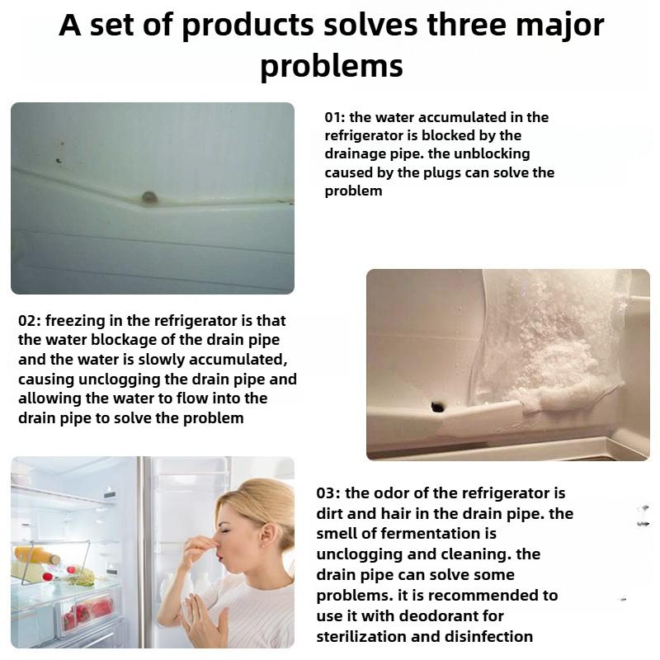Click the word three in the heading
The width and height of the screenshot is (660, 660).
click(467, 26)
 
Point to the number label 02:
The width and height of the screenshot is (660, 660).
click(31, 320)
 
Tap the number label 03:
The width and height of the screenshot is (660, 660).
click(329, 493)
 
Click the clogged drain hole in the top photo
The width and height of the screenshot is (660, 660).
click(149, 197)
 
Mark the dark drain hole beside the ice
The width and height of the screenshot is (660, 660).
click(436, 405)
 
